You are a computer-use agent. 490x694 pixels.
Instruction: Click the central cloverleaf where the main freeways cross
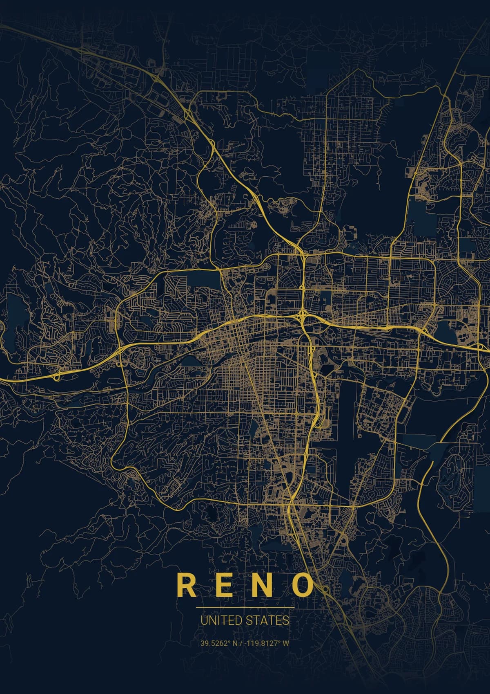pos(303,315)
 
